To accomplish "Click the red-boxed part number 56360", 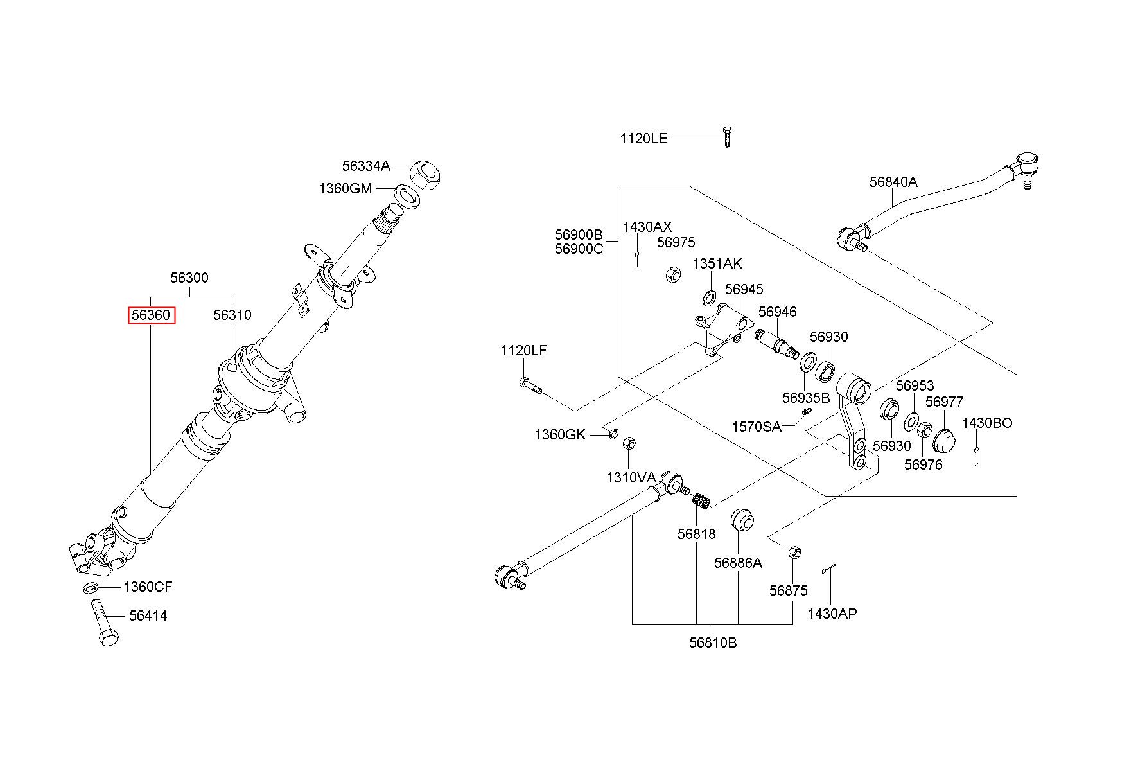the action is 151,315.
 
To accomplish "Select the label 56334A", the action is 366,166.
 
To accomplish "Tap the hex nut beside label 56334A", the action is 426,173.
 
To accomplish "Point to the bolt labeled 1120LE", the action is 727,137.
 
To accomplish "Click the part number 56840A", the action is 893,182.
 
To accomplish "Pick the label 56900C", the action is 579,249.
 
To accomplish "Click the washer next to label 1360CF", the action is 91,587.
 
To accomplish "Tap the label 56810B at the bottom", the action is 713,642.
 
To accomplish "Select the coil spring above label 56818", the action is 700,500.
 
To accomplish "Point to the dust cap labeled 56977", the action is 943,440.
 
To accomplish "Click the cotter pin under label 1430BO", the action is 976,454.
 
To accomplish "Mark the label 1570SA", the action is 757,427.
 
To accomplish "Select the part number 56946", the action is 777,312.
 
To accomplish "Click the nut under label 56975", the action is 673,274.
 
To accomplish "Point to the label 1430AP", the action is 832,614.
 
